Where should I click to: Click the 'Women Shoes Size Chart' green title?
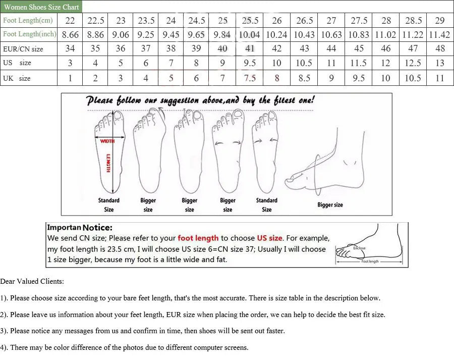(41, 7)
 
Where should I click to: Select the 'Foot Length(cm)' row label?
(28, 21)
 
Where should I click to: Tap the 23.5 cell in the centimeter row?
(146, 21)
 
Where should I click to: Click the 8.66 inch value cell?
(70, 35)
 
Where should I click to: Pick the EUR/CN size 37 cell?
(146, 49)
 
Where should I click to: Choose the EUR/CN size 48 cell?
(440, 49)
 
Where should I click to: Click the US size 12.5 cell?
(413, 63)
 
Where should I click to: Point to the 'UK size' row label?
(17, 78)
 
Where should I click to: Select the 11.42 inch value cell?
(439, 35)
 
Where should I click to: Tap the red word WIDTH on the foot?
(107, 141)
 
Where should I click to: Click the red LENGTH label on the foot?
(108, 163)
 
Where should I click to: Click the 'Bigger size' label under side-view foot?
(330, 204)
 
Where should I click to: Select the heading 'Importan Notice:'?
(80, 228)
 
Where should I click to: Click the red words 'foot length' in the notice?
(198, 238)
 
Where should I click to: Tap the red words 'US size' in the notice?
(269, 238)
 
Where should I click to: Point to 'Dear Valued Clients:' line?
(32, 281)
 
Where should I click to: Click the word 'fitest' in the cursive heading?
(285, 99)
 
